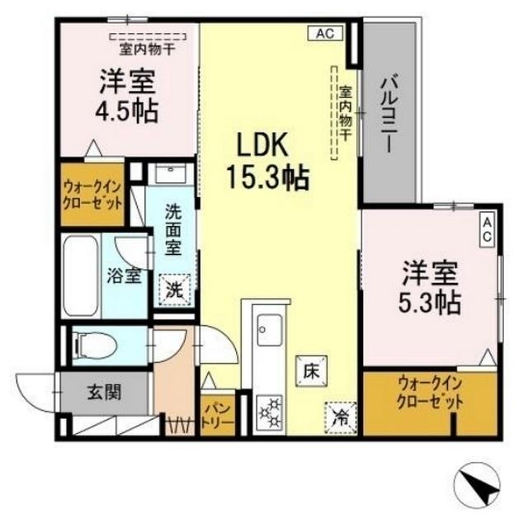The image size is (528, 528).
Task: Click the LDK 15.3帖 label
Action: [x=262, y=161]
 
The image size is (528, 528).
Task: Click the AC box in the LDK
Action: [x=324, y=34]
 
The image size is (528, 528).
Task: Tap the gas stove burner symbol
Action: [x=270, y=410]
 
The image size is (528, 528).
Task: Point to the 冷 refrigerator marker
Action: [x=339, y=415]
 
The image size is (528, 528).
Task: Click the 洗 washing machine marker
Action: [x=175, y=288]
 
